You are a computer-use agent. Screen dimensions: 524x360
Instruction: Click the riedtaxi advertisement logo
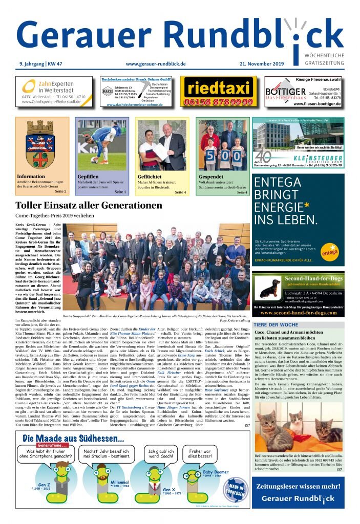219,88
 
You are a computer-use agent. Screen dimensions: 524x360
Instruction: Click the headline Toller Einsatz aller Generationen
89,206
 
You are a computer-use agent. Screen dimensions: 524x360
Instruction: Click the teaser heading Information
31,177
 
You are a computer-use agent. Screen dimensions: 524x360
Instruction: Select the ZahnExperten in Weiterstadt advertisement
54,91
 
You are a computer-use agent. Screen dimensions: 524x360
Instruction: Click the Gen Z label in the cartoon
44,485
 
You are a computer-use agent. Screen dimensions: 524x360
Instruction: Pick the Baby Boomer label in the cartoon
215,472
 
